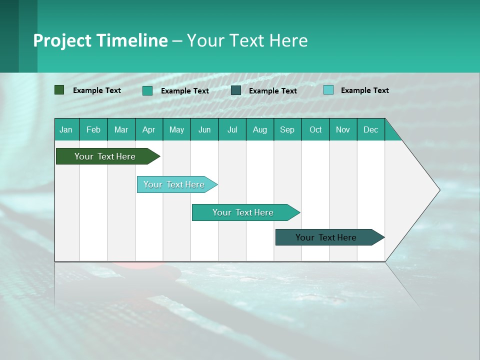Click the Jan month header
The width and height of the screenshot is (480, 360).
coord(66,129)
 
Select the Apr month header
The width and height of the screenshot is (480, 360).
coord(149,129)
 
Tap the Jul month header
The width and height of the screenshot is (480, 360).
coord(232,129)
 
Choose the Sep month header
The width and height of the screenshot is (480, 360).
coord(287,129)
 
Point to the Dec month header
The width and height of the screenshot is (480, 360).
coord(370,129)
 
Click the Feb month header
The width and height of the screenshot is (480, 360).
coord(93,129)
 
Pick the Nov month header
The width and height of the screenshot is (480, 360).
coord(343,129)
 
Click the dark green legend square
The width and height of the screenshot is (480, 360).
coord(59,90)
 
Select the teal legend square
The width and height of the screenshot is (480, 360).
coord(147,90)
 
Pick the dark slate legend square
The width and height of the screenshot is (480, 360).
coord(236,90)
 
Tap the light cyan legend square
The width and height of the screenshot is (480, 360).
coord(328,90)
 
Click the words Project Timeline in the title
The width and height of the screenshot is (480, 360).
coord(100,40)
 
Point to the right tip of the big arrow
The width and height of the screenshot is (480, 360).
coord(439,190)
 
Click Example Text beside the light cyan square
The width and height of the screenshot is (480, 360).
coord(364,90)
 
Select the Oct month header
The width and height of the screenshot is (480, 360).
coord(315,129)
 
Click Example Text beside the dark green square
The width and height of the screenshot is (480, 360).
coord(97,90)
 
